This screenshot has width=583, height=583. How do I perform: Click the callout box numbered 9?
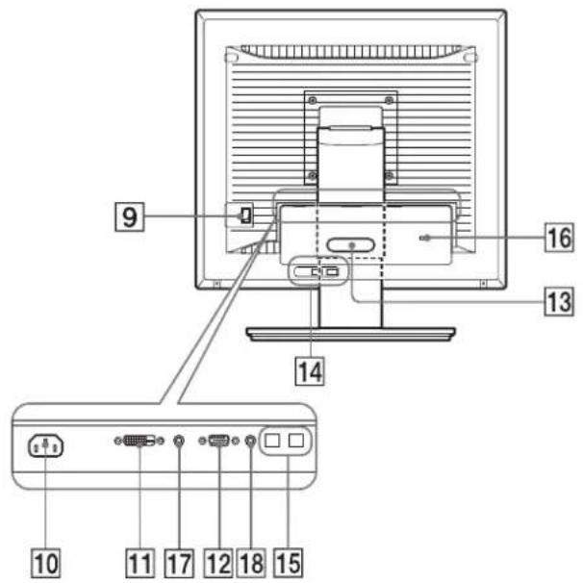(129, 216)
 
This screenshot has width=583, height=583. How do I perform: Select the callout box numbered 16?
(559, 238)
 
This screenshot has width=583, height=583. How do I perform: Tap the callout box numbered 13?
(559, 301)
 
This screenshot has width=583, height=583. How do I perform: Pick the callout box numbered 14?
(310, 371)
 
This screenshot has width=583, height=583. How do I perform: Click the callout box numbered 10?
(46, 564)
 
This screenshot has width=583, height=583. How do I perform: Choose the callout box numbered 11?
(140, 564)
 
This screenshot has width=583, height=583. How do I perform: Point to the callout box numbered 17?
(179, 564)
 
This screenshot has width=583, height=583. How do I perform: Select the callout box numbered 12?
(218, 564)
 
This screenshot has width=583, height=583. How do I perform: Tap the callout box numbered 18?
(251, 564)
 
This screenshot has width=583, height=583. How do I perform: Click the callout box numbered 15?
(289, 564)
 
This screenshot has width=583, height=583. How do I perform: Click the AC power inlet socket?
(46, 445)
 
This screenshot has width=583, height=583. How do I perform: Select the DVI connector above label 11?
(139, 441)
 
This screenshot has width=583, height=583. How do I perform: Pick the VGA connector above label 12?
(219, 441)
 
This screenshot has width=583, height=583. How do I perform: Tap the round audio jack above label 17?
(179, 441)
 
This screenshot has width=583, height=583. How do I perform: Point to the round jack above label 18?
(251, 441)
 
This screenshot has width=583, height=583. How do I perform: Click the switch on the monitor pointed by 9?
(245, 215)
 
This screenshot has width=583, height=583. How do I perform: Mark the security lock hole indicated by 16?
(426, 238)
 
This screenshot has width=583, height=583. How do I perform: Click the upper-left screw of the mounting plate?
(313, 100)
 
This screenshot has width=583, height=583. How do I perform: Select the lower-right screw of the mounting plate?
(389, 175)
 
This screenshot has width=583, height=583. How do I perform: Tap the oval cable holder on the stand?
(350, 245)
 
